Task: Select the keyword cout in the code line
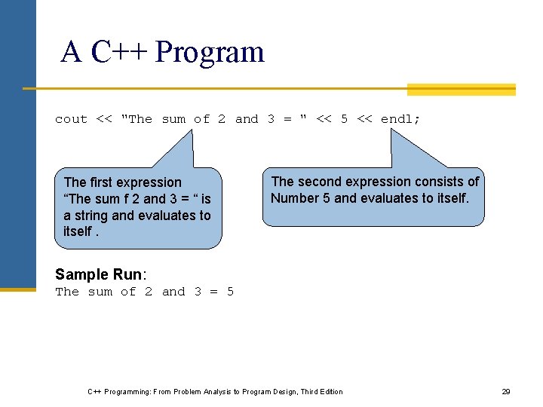71,119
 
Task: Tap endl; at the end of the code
400,119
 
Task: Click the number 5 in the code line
344,119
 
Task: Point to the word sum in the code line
173,119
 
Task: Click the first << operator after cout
104,119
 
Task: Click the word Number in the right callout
295,198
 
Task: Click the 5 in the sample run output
230,292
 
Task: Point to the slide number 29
506,392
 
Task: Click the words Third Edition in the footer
321,392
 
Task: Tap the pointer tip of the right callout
391,130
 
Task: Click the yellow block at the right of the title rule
461,90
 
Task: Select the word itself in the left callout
77,232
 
